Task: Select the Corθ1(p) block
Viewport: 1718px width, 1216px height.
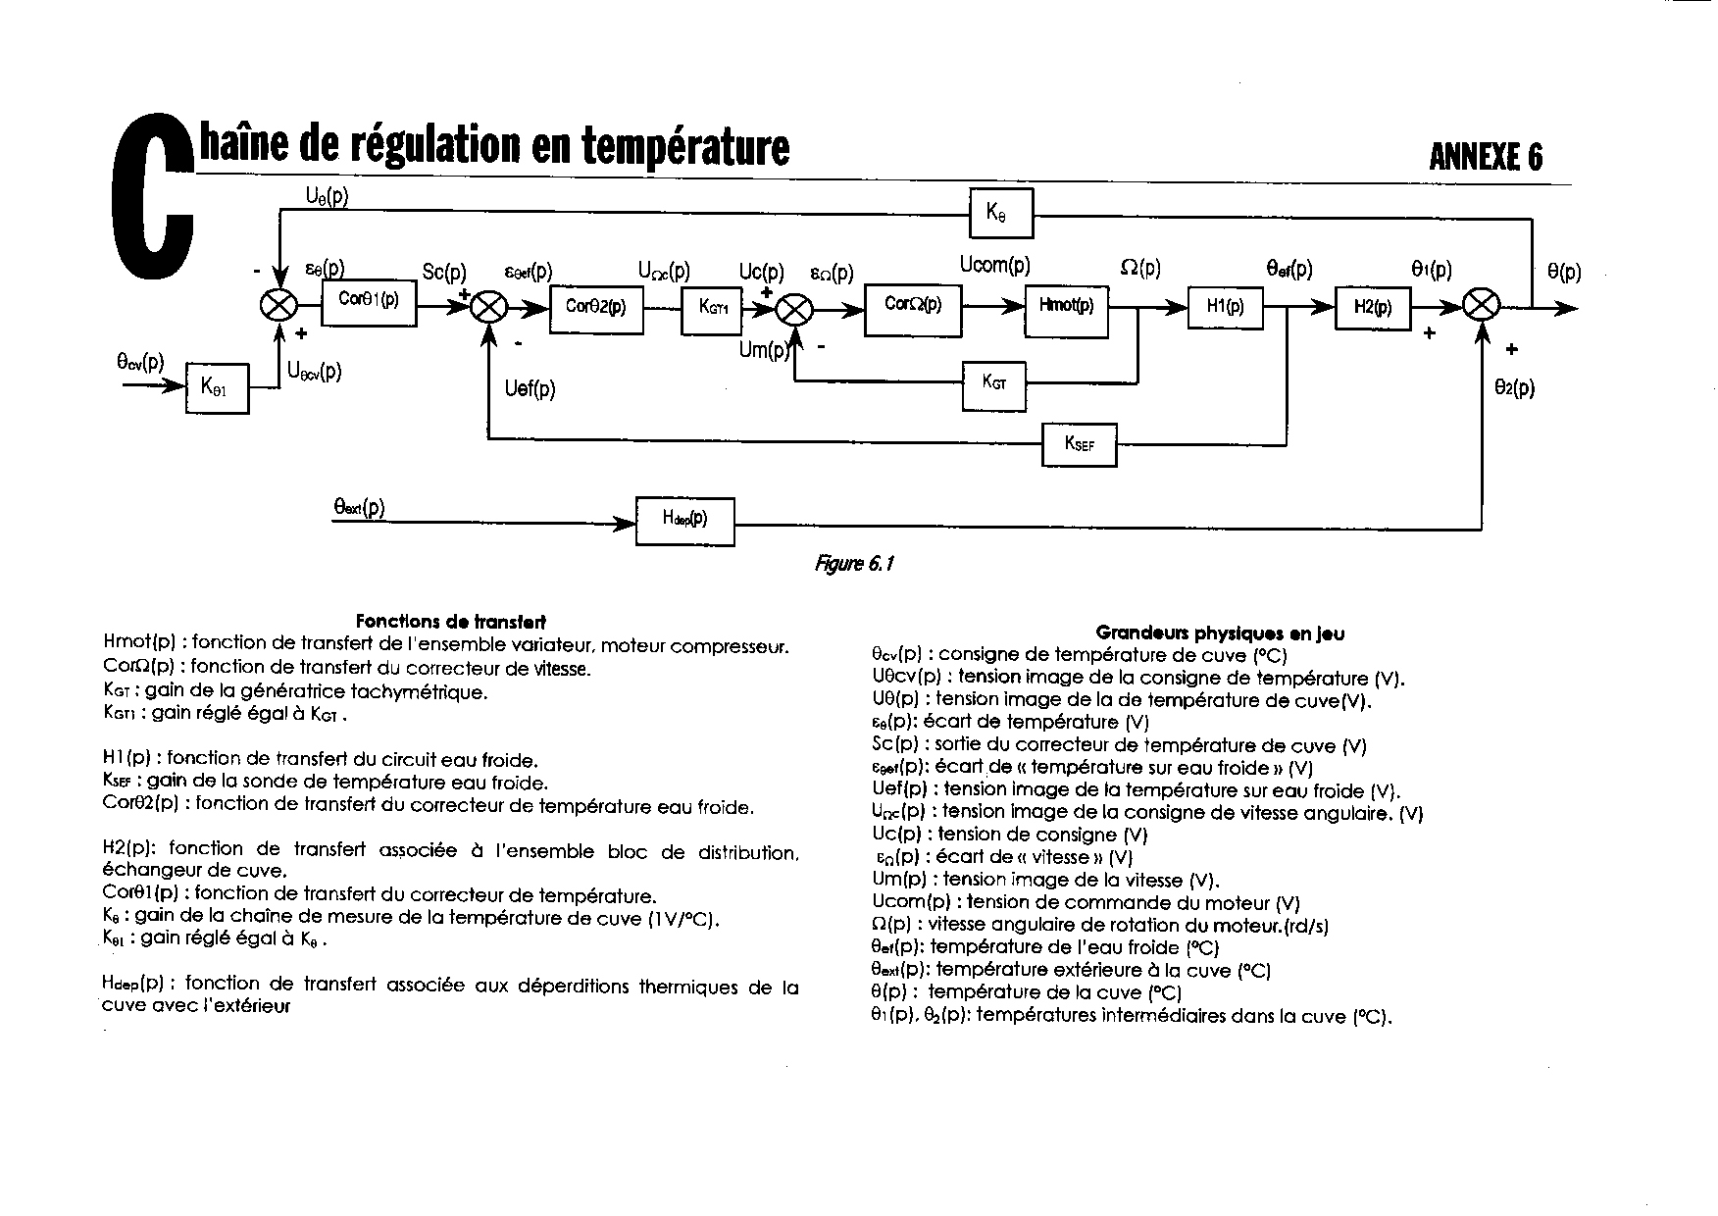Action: (369, 301)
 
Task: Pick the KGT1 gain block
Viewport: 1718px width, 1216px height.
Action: (712, 307)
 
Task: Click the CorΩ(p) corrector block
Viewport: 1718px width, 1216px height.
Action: (912, 307)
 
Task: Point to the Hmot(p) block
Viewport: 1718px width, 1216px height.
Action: (1066, 307)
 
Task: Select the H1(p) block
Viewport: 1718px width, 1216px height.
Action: (1225, 307)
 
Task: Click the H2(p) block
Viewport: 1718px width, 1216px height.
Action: (1373, 307)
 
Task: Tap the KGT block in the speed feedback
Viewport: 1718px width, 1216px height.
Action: (994, 382)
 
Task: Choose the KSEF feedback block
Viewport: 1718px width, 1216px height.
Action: (1079, 444)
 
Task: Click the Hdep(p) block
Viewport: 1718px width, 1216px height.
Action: (684, 522)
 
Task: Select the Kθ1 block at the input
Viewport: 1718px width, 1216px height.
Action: (217, 387)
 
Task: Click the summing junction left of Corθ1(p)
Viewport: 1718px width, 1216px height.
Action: (278, 306)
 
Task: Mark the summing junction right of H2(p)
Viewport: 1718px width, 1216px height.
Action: (1481, 307)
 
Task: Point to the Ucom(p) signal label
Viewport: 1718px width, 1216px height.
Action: (994, 265)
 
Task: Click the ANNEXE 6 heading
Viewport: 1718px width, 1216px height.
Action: (1486, 157)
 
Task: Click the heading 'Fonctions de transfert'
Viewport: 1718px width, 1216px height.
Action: (450, 621)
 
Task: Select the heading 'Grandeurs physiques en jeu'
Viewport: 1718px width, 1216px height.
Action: (1220, 633)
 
